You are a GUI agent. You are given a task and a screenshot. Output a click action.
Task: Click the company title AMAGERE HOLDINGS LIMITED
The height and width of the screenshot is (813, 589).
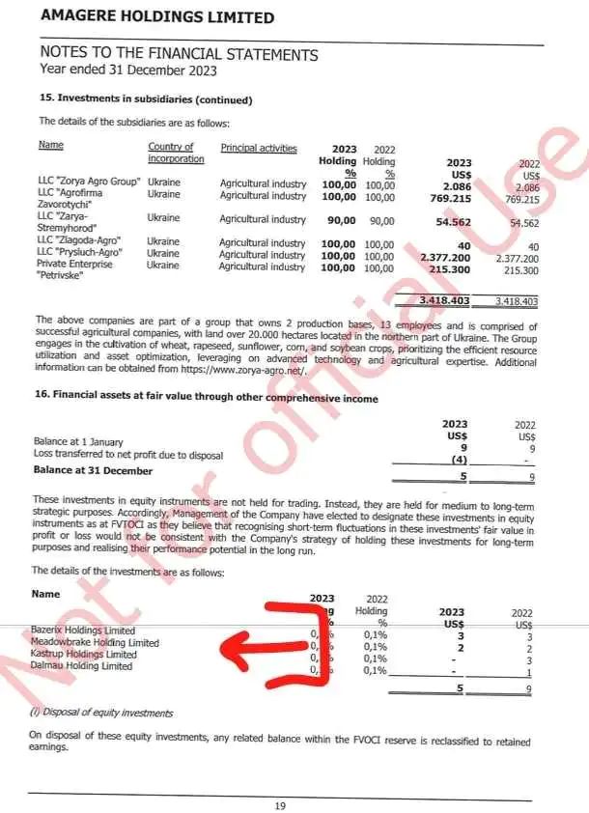(x=156, y=17)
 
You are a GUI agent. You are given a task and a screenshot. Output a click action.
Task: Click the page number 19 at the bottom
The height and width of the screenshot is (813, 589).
(x=280, y=805)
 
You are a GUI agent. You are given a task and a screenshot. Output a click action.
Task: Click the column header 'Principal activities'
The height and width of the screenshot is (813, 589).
(x=259, y=148)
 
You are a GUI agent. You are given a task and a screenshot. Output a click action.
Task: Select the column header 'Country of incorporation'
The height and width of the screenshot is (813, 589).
(x=176, y=153)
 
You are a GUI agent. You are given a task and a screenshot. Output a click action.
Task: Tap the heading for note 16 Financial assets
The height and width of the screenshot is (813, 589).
(x=208, y=399)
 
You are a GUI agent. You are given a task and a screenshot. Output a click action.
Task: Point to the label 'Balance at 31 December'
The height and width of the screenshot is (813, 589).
(x=93, y=471)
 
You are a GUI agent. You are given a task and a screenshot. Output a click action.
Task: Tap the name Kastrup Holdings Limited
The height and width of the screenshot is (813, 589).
(x=84, y=655)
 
